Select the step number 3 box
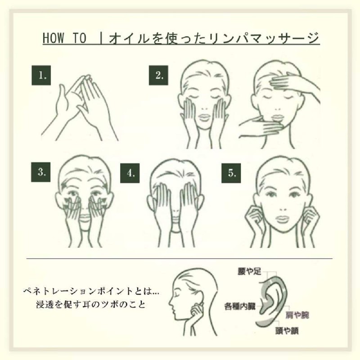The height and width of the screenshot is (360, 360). pyautogui.click(x=41, y=172)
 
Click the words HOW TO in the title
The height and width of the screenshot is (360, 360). pyautogui.click(x=64, y=38)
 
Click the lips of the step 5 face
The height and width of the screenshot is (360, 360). pyautogui.click(x=282, y=219)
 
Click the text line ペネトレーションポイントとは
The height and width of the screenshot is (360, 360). pyautogui.click(x=91, y=292)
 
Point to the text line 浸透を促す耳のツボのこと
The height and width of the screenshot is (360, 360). pyautogui.click(x=91, y=304)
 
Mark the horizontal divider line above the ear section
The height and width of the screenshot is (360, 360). pyautogui.click(x=180, y=259)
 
